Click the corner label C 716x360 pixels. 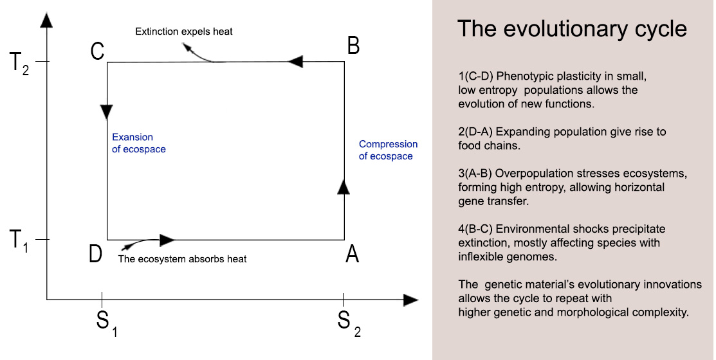[97, 51]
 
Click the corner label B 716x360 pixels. [353, 46]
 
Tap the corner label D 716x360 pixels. [95, 254]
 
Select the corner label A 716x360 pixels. [352, 255]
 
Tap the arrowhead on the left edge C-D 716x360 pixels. [107, 112]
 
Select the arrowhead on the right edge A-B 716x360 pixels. [344, 186]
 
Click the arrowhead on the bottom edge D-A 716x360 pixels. [167, 240]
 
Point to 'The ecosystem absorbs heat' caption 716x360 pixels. [183, 259]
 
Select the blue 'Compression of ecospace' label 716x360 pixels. [388, 150]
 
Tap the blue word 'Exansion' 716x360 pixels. [133, 137]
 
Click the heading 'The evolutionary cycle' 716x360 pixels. [572, 29]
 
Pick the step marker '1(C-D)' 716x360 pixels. [477, 76]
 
